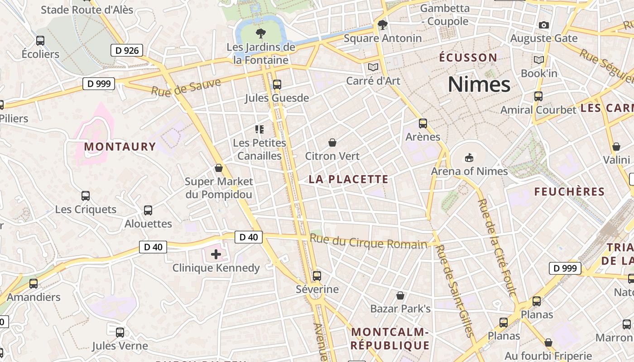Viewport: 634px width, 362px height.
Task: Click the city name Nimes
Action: click(479, 85)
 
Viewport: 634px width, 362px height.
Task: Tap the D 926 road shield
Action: click(127, 50)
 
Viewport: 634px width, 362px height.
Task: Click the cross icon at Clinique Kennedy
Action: click(216, 254)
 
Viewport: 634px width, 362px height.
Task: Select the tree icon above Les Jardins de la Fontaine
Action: click(260, 33)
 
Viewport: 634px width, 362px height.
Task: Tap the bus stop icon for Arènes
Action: click(423, 123)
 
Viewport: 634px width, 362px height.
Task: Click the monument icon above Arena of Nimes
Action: click(469, 158)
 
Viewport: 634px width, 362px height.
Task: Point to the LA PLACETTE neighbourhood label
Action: click(348, 179)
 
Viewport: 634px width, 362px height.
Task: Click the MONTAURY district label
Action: click(120, 147)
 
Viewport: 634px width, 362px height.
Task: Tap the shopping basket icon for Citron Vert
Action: click(332, 143)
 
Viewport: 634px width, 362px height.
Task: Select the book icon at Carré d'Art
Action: click(373, 67)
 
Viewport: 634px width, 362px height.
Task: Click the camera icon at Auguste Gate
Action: click(544, 25)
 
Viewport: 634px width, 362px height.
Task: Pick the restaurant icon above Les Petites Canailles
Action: click(259, 129)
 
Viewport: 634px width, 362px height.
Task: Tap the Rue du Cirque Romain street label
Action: click(369, 242)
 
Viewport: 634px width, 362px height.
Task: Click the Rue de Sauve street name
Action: click(186, 87)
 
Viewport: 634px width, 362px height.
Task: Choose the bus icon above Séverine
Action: click(317, 276)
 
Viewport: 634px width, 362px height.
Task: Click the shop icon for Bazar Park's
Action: click(400, 295)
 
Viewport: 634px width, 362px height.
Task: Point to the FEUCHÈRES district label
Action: click(569, 192)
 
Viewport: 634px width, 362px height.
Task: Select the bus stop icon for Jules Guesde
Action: click(277, 85)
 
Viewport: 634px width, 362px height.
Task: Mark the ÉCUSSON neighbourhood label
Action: click(468, 57)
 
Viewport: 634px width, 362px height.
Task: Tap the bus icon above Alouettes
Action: click(148, 210)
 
